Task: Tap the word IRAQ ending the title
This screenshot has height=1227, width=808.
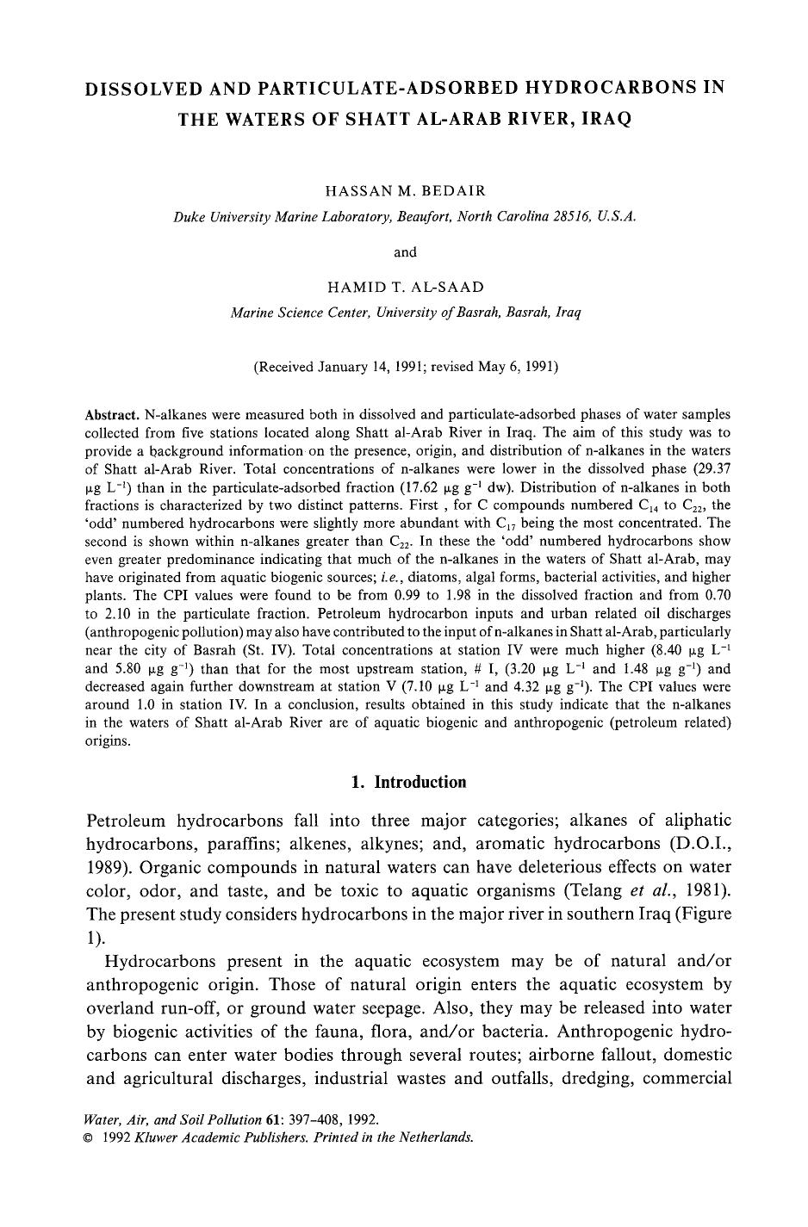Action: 607,119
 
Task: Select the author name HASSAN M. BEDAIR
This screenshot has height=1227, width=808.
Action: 404,192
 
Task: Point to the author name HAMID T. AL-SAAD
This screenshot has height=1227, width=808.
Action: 405,287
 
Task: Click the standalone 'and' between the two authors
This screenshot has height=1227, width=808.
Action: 405,252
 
